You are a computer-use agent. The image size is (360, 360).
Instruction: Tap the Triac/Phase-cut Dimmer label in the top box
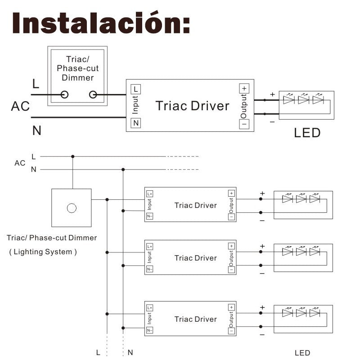(x=77, y=68)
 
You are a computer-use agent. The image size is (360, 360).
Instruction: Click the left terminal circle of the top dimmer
(x=64, y=94)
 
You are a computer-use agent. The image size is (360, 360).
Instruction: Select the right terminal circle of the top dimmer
(x=93, y=94)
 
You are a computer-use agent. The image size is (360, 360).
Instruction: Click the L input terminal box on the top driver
(x=135, y=89)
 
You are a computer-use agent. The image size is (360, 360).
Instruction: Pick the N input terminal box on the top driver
(x=135, y=122)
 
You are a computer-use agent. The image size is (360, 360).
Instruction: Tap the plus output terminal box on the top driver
(x=244, y=89)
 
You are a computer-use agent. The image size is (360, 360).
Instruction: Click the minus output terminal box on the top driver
(x=244, y=123)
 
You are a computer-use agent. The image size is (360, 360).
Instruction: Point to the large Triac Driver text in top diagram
(x=192, y=106)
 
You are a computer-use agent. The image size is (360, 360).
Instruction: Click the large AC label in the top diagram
(x=20, y=107)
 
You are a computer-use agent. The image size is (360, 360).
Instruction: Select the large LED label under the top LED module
(x=307, y=133)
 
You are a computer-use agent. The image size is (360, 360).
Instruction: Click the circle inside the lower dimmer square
(x=72, y=208)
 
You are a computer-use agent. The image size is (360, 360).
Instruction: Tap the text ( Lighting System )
(x=43, y=252)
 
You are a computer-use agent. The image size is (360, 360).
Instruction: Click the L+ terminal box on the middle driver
(x=149, y=247)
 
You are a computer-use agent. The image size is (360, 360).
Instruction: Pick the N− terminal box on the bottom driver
(x=149, y=330)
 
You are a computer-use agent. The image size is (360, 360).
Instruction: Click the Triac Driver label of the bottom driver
(x=196, y=319)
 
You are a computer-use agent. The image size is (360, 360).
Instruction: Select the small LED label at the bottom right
(x=302, y=353)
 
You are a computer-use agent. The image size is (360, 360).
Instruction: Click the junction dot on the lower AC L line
(x=73, y=157)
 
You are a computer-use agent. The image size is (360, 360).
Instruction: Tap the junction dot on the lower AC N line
(x=123, y=170)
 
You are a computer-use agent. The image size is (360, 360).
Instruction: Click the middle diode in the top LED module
(x=303, y=100)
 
